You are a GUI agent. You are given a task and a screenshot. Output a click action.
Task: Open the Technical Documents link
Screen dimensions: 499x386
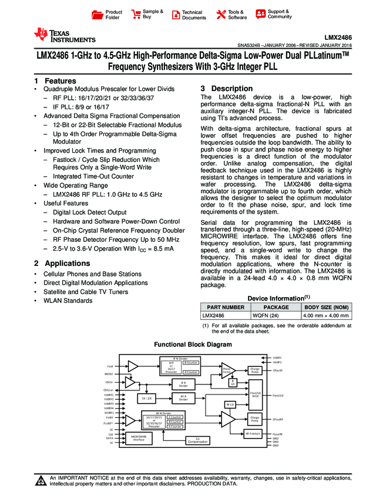point(193,15)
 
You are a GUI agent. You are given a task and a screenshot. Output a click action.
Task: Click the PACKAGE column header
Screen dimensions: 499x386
point(276,307)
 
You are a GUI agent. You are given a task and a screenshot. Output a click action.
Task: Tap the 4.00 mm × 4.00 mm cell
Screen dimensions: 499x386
point(326,315)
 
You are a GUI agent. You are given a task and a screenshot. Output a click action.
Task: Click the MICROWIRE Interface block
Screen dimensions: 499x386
point(139,438)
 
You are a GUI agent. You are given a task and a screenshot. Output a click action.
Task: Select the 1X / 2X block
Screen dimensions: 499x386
point(146,398)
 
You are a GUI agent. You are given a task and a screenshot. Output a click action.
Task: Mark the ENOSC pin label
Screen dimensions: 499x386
point(109,374)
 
